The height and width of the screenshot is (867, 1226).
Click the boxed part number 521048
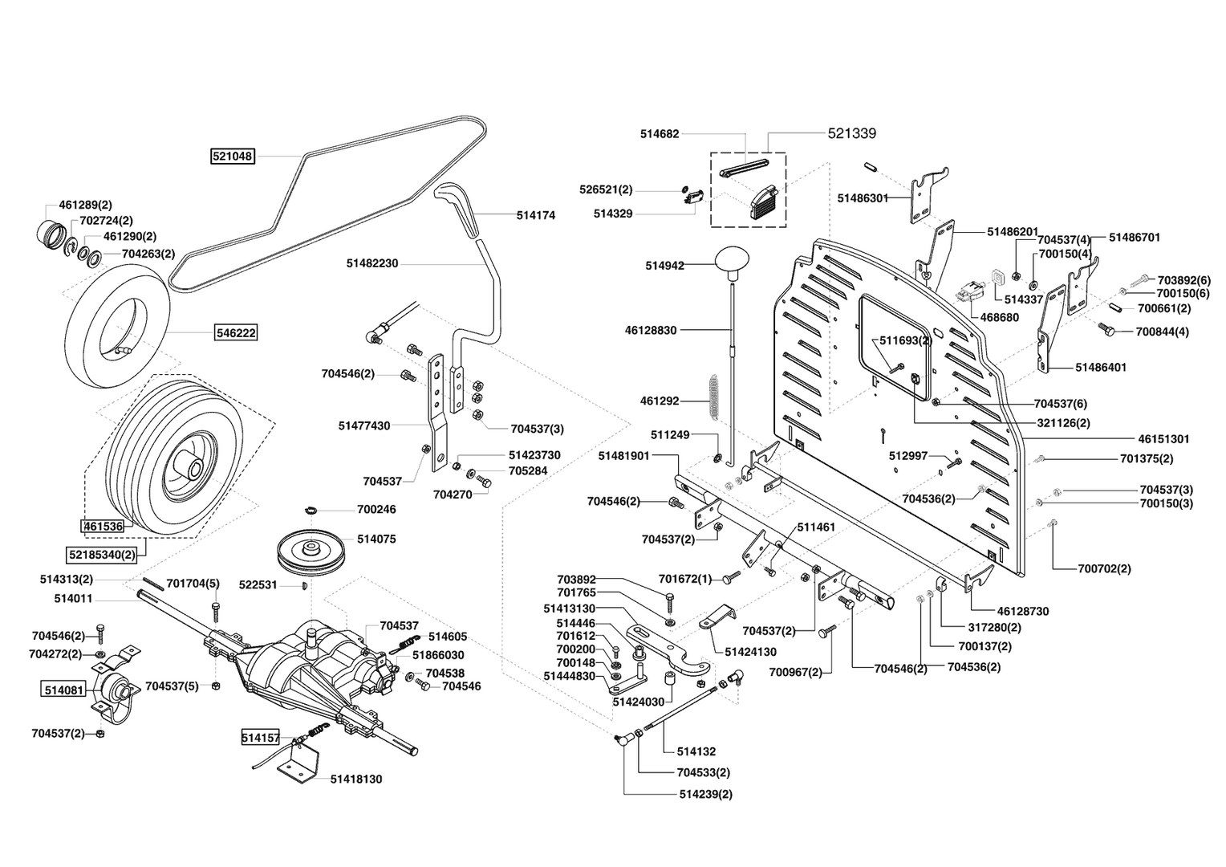(x=233, y=157)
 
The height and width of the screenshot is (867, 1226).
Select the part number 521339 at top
(x=851, y=133)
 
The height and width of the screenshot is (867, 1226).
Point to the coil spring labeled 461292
(x=715, y=401)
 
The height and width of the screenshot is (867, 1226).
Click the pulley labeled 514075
(x=308, y=552)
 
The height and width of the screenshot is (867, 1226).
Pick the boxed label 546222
(x=235, y=332)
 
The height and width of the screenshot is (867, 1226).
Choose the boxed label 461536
(x=103, y=527)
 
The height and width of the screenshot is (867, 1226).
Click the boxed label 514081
(x=63, y=689)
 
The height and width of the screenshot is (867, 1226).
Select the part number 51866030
(x=437, y=655)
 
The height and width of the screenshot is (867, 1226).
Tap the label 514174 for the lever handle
(x=535, y=215)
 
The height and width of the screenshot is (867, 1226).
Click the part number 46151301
(x=1163, y=439)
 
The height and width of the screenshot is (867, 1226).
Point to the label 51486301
(x=863, y=197)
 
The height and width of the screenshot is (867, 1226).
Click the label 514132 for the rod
(x=696, y=752)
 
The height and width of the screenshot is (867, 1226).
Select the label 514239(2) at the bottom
(x=705, y=794)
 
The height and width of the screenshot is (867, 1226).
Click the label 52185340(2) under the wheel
(x=101, y=554)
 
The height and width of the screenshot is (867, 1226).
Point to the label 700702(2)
(x=1103, y=568)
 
